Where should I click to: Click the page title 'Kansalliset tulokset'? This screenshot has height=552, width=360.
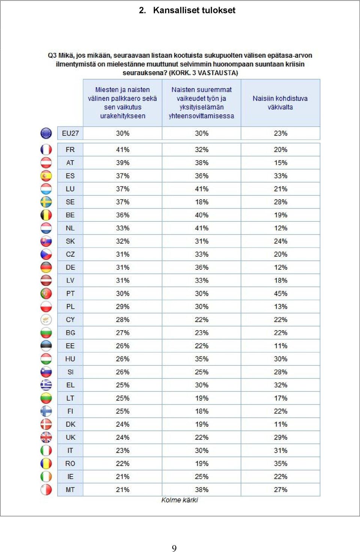[x=194, y=10]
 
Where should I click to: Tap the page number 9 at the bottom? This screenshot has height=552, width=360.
[x=174, y=548]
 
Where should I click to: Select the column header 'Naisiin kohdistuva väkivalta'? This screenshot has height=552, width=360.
[x=280, y=103]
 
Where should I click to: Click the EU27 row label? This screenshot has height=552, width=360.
[x=70, y=133]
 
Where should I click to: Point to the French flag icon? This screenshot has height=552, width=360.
[x=46, y=150]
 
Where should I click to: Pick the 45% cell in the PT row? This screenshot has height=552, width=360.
[x=280, y=293]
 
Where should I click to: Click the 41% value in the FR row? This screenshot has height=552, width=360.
[x=123, y=150]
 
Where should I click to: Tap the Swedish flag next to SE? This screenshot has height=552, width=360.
[x=46, y=202]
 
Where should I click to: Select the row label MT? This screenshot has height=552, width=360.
[x=70, y=490]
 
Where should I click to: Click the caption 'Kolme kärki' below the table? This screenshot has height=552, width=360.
[x=180, y=500]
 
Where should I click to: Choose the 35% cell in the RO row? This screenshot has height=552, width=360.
[x=280, y=463]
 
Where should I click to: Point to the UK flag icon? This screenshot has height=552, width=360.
[x=46, y=438]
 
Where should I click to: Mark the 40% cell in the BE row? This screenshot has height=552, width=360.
[x=202, y=215]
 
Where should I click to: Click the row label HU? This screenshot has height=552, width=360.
[x=70, y=359]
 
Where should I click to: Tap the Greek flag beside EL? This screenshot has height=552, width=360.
[x=46, y=385]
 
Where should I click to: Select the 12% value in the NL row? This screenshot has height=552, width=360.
[x=280, y=228]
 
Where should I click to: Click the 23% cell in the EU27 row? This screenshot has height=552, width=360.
[x=280, y=133]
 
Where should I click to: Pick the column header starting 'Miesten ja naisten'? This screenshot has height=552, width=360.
[x=122, y=103]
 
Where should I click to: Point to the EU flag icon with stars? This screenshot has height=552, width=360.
[x=46, y=133]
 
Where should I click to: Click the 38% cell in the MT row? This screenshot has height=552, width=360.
[x=202, y=490]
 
